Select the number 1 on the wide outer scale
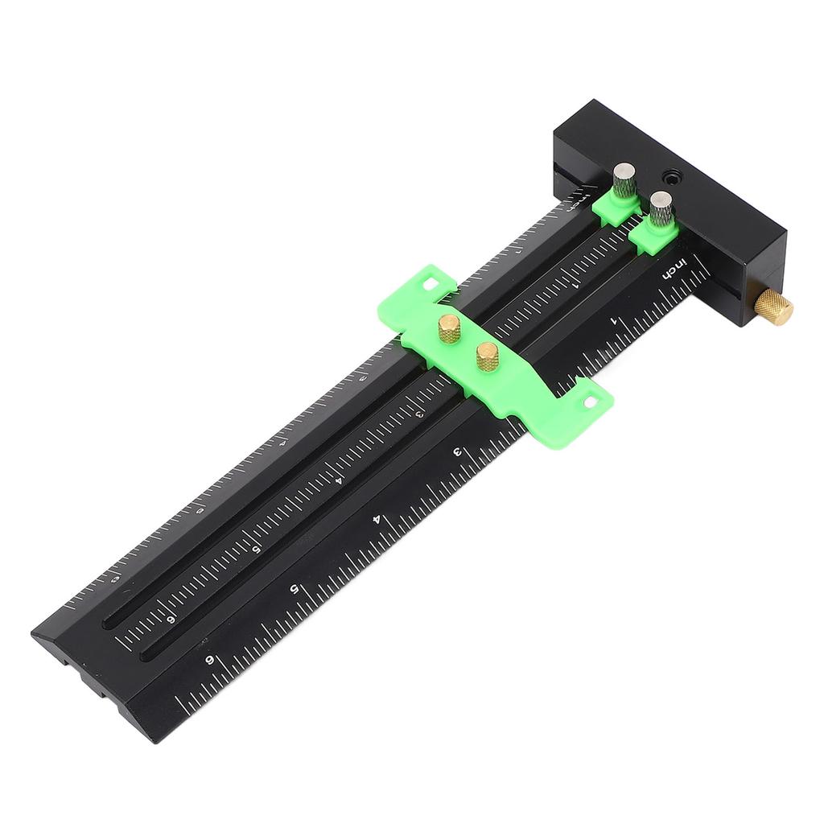pyautogui.click(x=615, y=321)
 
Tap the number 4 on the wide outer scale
pyautogui.click(x=377, y=519)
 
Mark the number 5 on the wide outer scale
pyautogui.click(x=295, y=588)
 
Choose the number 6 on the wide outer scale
pyautogui.click(x=210, y=660)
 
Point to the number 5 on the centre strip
pyautogui.click(x=257, y=550)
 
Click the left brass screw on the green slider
pyautogui.click(x=449, y=328)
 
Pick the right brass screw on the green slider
pyautogui.click(x=487, y=355)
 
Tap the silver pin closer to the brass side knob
pyautogui.click(x=661, y=208)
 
